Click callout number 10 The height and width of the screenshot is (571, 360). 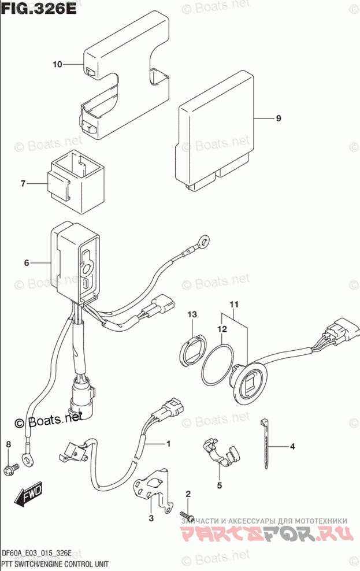[57, 65]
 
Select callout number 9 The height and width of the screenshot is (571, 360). [278, 118]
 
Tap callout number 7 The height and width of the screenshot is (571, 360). [23, 184]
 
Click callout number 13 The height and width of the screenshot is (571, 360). [192, 314]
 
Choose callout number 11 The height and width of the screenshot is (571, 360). [233, 305]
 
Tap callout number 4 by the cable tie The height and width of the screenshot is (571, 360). [292, 446]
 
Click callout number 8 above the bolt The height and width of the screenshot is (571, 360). [8, 444]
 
